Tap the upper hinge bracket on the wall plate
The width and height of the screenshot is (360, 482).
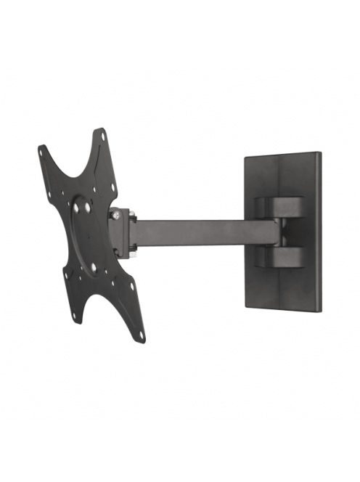pyautogui.click(x=280, y=207)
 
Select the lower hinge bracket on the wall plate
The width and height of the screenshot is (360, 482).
pyautogui.click(x=280, y=256)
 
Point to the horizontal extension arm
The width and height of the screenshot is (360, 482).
pyautogui.click(x=203, y=232)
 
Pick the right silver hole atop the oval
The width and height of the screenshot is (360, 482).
pyautogui.click(x=87, y=207)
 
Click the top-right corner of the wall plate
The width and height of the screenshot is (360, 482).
pyautogui.click(x=319, y=154)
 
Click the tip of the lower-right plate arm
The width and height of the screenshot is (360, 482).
pyautogui.click(x=142, y=340)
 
